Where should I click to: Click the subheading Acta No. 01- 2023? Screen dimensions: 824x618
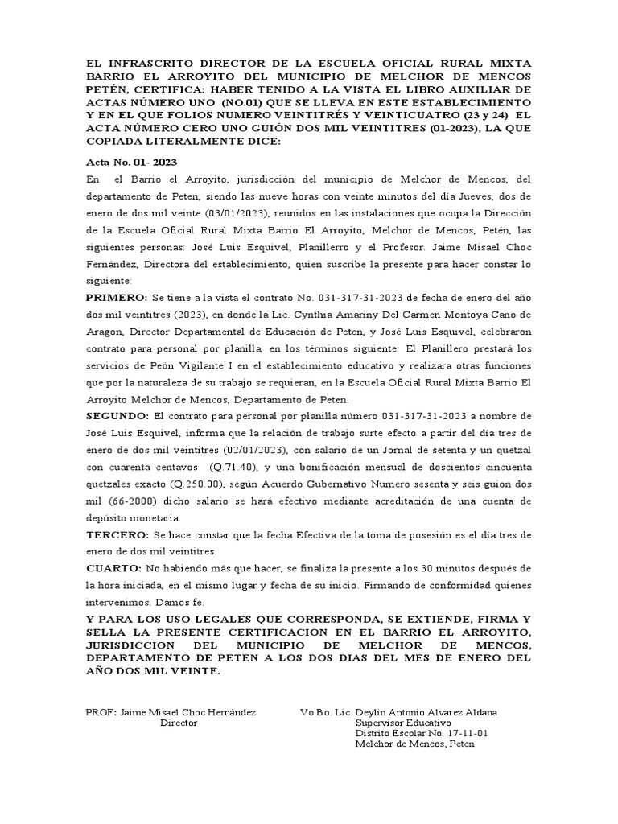126,162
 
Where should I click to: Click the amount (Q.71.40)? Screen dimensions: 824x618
234,466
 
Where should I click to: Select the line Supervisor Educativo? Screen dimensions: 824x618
403,723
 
